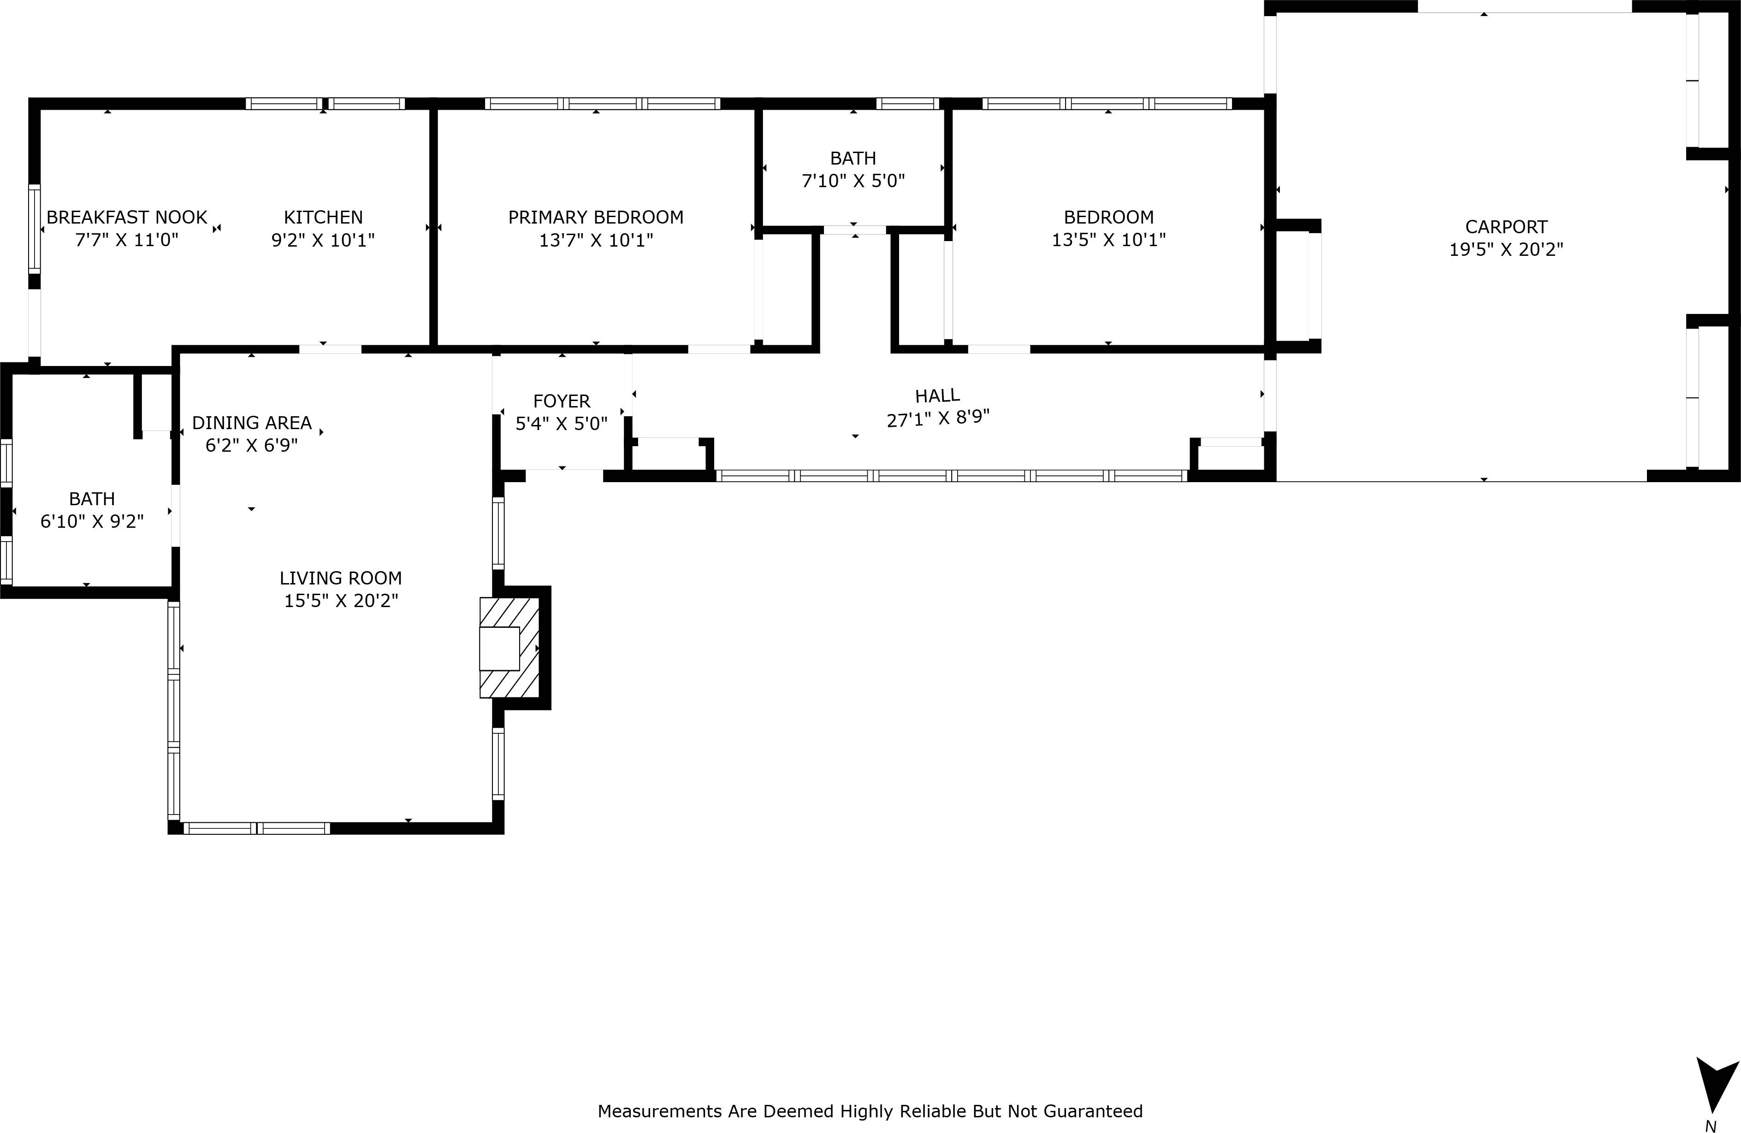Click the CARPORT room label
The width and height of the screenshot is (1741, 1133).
[x=1505, y=227]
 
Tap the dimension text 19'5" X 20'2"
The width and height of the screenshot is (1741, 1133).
[x=1505, y=249]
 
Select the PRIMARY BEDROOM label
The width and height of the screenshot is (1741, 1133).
[x=595, y=217]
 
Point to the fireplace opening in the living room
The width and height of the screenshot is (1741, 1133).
[x=499, y=649]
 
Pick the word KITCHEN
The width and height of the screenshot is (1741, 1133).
[x=323, y=217]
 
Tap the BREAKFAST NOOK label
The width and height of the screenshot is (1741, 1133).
[x=126, y=217]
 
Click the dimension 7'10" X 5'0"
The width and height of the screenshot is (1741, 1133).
[x=853, y=181]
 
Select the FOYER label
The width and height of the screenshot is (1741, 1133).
[x=561, y=401]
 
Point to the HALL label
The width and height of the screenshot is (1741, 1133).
[x=937, y=395]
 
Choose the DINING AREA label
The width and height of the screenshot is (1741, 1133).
[x=252, y=423]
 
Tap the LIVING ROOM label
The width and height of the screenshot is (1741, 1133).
[x=340, y=578]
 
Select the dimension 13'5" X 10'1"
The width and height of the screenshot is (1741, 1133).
[x=1108, y=240]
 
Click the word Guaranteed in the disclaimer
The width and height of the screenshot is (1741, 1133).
[x=1092, y=1111]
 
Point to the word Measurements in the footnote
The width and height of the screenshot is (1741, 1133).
[x=660, y=1111]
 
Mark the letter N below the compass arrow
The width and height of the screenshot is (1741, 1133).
[x=1710, y=1127]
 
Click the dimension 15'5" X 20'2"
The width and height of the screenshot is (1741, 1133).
[x=340, y=601]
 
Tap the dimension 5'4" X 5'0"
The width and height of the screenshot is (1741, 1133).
[x=561, y=424]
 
